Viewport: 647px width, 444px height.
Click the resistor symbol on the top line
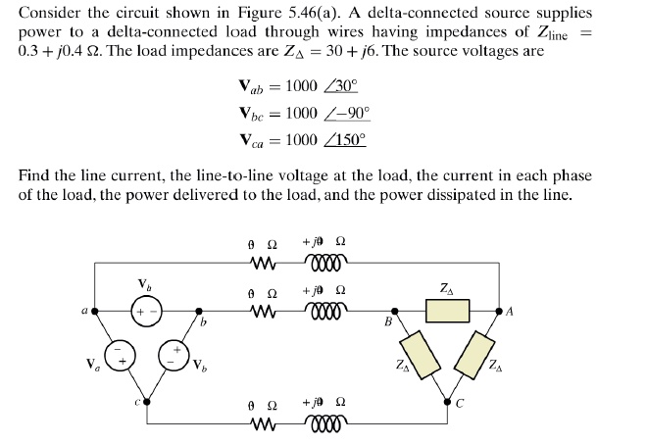click(261, 262)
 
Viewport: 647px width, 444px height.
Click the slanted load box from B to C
click(416, 352)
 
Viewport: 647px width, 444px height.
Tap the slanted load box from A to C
click(483, 353)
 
